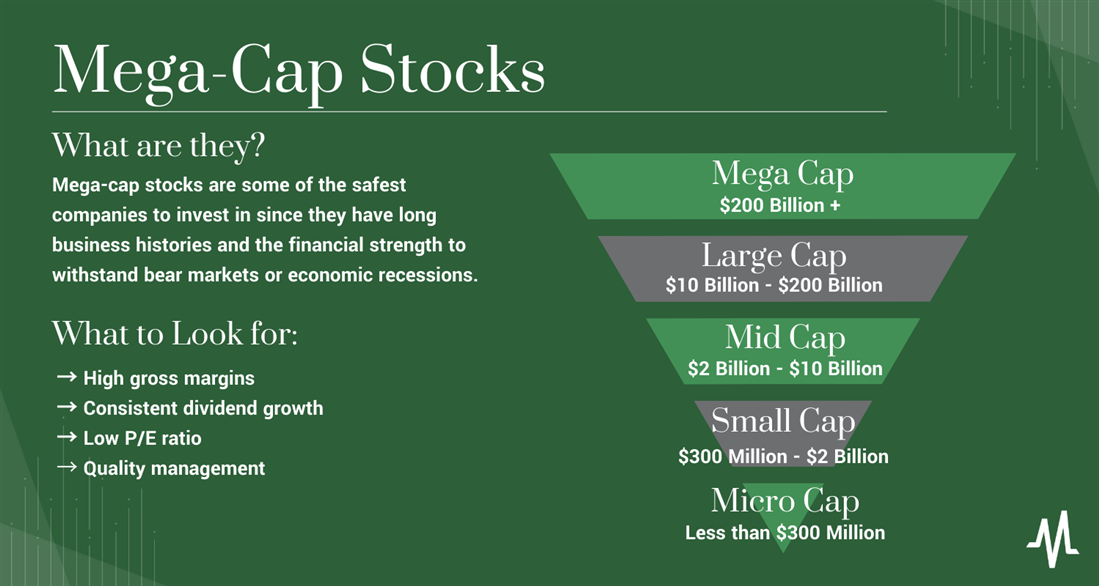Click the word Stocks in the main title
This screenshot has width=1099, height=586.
452,71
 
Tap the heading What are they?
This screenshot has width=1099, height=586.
159,146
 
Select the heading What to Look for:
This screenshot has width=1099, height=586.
175,334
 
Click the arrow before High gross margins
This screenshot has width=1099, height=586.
67,377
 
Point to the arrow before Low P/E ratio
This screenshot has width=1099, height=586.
67,437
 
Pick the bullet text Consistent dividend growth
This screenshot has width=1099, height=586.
203,408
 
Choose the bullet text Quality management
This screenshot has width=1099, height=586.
174,468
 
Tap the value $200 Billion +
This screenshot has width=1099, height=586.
780,206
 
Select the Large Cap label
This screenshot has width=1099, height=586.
774,256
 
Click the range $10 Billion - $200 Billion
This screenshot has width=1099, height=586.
774,286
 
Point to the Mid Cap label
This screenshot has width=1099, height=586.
785,338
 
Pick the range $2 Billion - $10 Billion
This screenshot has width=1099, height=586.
785,368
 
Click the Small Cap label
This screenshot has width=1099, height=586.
783,421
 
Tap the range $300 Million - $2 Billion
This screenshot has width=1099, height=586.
783,456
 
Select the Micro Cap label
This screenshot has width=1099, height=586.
785,501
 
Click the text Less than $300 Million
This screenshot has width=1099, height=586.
785,533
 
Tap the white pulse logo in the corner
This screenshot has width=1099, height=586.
1053,538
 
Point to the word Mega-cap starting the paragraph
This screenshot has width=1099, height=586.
94,186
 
